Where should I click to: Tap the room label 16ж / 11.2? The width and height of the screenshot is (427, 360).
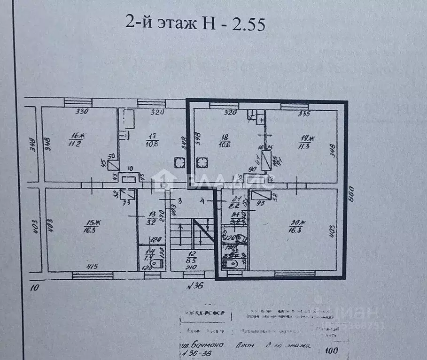[75, 140]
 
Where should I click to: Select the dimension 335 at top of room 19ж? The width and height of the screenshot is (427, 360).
[305, 113]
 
